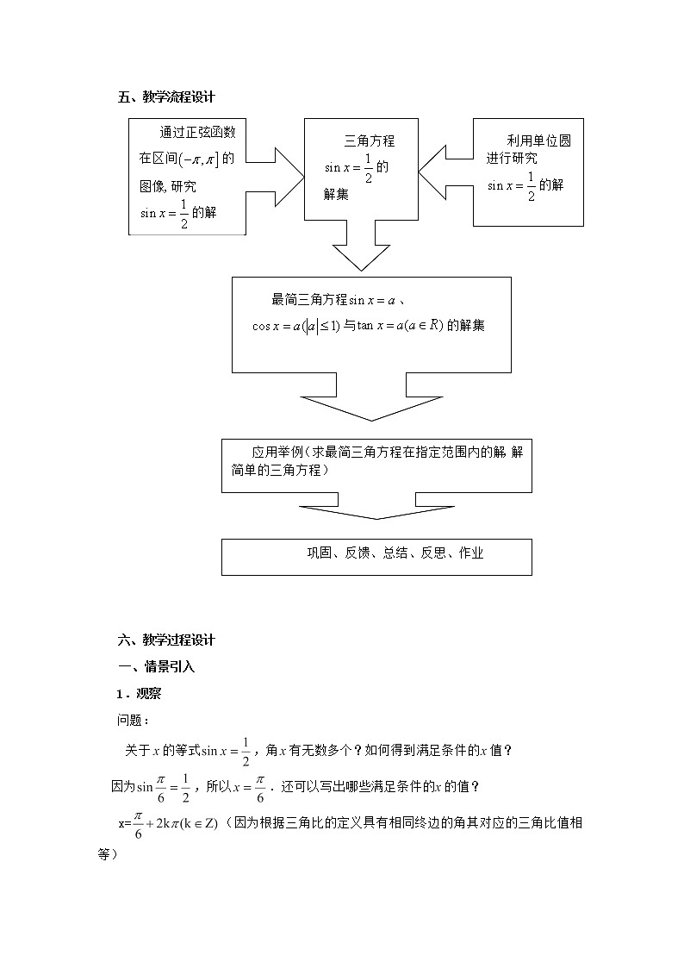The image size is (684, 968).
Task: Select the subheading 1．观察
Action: coord(140,693)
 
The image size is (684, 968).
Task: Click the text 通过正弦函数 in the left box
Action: coord(197,133)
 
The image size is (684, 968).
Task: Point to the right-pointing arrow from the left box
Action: coord(277,177)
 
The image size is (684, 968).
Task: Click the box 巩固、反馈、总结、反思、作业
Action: coord(376,556)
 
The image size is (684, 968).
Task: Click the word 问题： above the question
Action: coord(134,720)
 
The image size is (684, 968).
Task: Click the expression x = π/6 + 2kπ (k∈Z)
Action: coord(169,823)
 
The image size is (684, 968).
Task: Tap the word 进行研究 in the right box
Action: coord(512,158)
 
